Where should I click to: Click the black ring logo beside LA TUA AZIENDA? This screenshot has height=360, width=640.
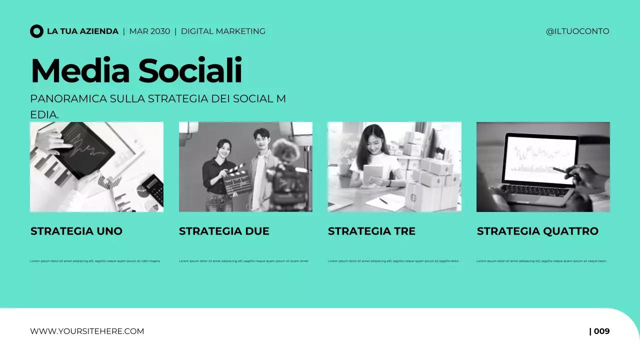pyautogui.click(x=36, y=31)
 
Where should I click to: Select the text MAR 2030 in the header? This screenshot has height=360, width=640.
pyautogui.click(x=149, y=31)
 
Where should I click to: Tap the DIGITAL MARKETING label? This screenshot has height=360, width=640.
pyautogui.click(x=223, y=31)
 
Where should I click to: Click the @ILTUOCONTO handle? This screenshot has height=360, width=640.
pyautogui.click(x=577, y=31)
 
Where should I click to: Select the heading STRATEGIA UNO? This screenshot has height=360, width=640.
pyautogui.click(x=76, y=231)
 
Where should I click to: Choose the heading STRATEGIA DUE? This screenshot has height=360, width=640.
pyautogui.click(x=224, y=231)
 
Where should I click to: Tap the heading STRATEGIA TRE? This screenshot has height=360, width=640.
pyautogui.click(x=371, y=231)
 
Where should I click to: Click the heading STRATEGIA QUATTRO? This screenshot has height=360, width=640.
pyautogui.click(x=537, y=231)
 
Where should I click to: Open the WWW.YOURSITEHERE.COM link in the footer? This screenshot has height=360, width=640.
pyautogui.click(x=87, y=331)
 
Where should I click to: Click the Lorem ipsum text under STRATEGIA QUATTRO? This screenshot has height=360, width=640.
pyautogui.click(x=541, y=261)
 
